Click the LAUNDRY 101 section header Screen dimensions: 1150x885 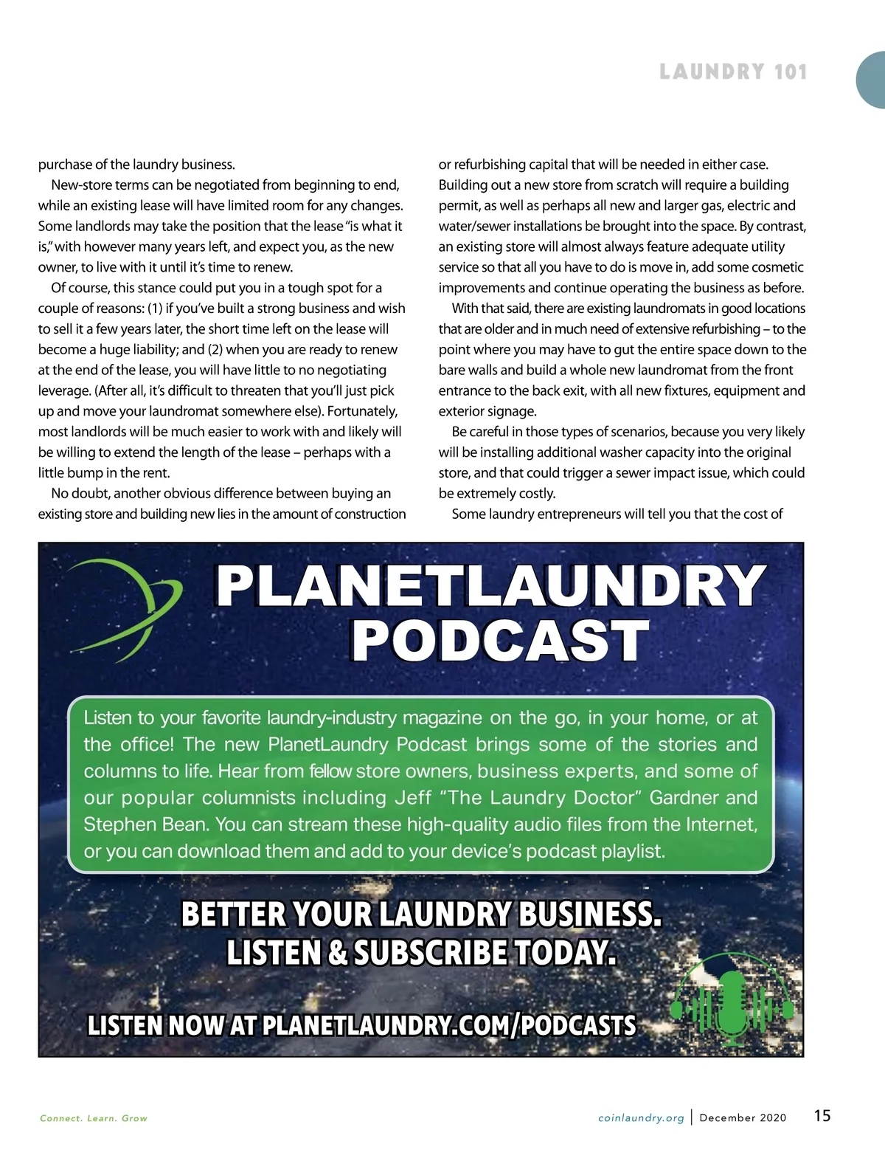(x=733, y=72)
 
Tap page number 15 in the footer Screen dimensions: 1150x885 (x=822, y=1115)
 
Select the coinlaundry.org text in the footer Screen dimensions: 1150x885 (x=641, y=1118)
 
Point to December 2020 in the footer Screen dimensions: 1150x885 (x=743, y=1118)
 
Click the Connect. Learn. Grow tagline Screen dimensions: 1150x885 (x=94, y=1118)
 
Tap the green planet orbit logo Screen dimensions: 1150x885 (x=125, y=605)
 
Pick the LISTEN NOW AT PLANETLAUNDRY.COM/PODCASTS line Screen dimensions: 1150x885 (x=361, y=1025)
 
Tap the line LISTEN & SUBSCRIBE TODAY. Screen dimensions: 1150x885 (x=420, y=953)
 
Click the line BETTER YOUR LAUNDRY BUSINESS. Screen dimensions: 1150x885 (x=420, y=915)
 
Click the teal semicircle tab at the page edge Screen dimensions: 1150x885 (x=872, y=81)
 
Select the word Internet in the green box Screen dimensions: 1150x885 (x=721, y=824)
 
